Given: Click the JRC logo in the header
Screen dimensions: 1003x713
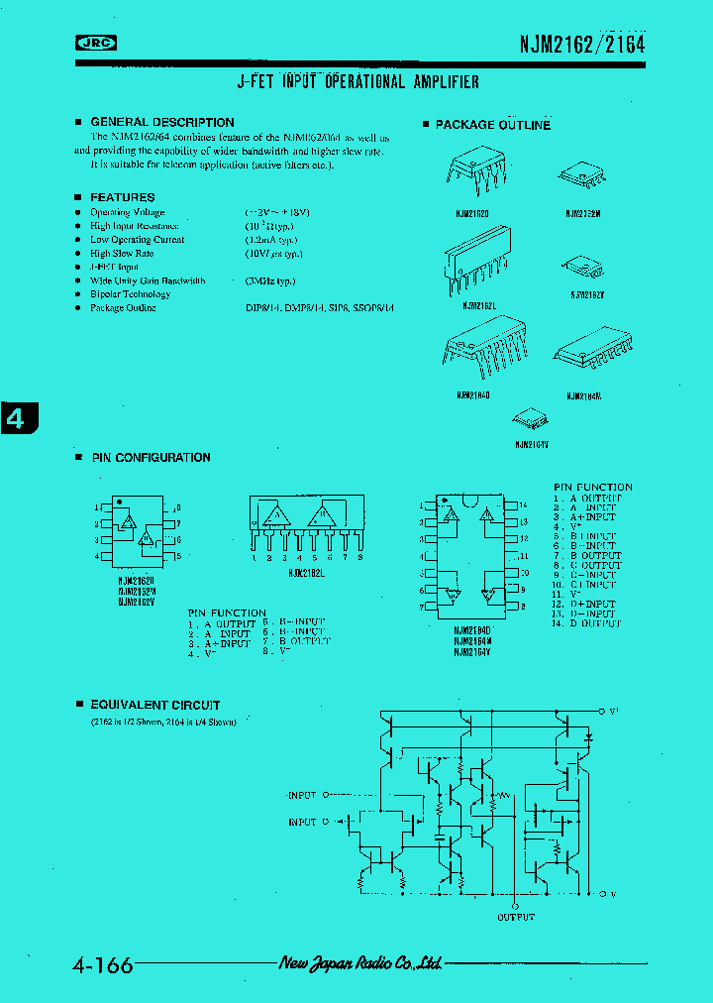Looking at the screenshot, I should pyautogui.click(x=96, y=43).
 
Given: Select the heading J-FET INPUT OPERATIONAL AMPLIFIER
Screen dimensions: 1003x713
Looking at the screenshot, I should pyautogui.click(x=357, y=82).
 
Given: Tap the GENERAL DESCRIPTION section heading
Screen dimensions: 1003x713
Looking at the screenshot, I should pyautogui.click(x=161, y=122).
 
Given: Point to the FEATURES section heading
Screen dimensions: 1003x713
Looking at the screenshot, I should pyautogui.click(x=122, y=197).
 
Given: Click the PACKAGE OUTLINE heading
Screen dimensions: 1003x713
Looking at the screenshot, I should pyautogui.click(x=492, y=125).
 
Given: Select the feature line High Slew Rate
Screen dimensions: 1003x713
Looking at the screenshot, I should pyautogui.click(x=122, y=254).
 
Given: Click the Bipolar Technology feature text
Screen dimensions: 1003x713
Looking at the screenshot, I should pyautogui.click(x=130, y=294).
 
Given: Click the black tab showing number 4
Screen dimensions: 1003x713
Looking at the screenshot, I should pyautogui.click(x=17, y=418).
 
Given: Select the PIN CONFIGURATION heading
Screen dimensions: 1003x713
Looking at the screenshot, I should pyautogui.click(x=151, y=458).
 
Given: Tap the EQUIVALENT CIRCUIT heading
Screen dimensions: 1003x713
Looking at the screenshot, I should pyautogui.click(x=155, y=705).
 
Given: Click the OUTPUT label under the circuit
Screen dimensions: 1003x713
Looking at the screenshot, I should pyautogui.click(x=516, y=917).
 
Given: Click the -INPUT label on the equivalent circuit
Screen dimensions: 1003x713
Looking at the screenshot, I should pyautogui.click(x=302, y=795).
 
